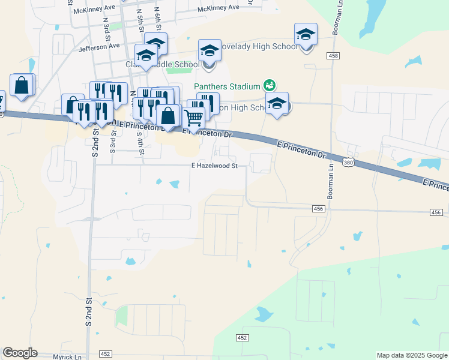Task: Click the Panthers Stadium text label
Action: (x=226, y=86)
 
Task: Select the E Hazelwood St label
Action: (x=215, y=166)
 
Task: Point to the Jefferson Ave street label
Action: (x=99, y=46)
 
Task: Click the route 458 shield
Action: (x=334, y=56)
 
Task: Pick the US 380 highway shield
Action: (x=348, y=162)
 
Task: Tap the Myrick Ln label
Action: (x=67, y=356)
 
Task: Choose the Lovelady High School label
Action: (x=259, y=46)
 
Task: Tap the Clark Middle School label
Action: (x=162, y=64)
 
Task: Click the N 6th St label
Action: (x=157, y=18)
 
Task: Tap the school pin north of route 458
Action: (x=305, y=35)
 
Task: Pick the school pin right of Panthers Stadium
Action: (x=277, y=104)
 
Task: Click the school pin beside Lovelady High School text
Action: (x=209, y=51)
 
